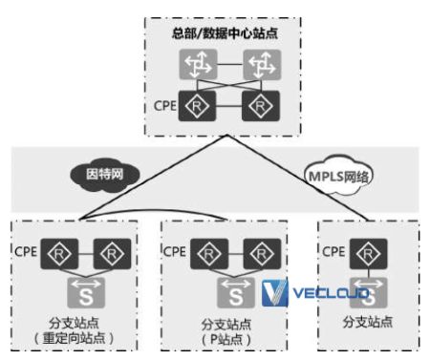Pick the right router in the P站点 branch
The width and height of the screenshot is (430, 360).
click(259, 254)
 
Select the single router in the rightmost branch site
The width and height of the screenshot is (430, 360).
click(361, 254)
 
